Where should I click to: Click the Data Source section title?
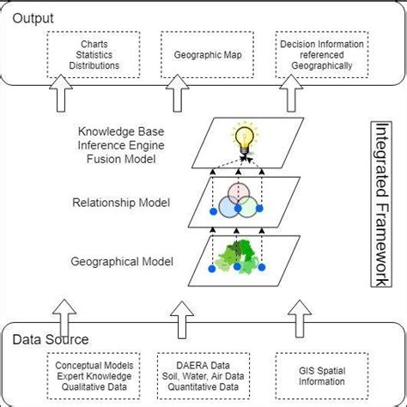tap(51, 338)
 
